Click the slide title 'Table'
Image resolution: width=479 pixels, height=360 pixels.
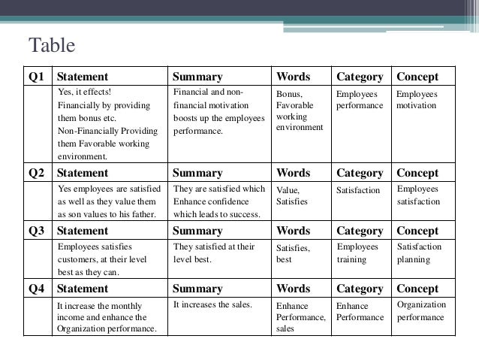[51, 46]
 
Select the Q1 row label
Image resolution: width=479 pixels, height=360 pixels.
[37, 77]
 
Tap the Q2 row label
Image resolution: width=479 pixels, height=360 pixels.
[37, 173]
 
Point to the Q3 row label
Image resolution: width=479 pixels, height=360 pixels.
[37, 231]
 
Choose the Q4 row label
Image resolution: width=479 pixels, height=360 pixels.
[37, 288]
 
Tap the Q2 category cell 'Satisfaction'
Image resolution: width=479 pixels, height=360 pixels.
[358, 191]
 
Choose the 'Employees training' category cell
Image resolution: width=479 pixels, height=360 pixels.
[357, 253]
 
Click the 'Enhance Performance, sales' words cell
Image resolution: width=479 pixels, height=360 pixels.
[300, 317]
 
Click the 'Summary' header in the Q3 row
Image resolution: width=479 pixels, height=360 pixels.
[197, 231]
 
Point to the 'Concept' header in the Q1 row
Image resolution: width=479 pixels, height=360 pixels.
[417, 77]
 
